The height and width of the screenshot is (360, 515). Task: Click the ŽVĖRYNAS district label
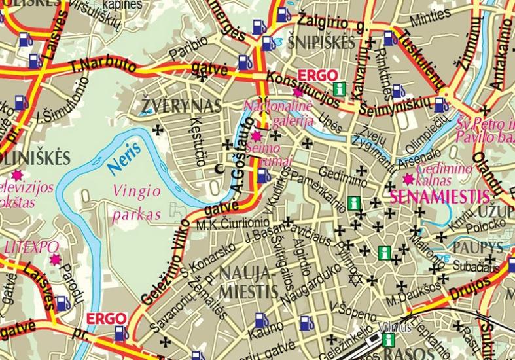(172, 105)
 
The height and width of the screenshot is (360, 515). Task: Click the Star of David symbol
(357, 280)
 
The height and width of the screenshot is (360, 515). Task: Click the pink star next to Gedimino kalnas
(408, 179)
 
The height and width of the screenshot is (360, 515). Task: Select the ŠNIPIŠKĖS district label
(321, 44)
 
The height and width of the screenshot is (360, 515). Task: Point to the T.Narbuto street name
(103, 65)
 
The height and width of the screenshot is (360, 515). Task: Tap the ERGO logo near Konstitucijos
(317, 74)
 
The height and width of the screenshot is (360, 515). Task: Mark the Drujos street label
(469, 287)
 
